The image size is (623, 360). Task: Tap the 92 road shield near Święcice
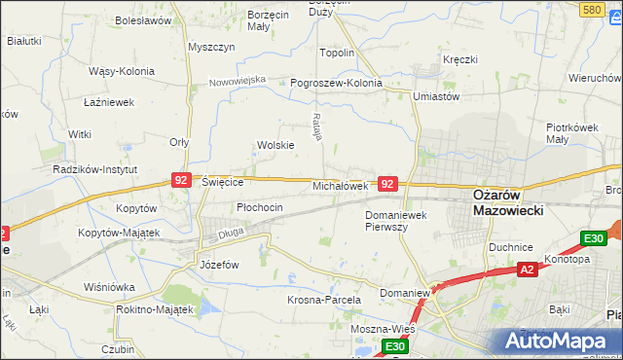pos(180,180)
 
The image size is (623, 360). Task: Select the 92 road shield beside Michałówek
pos(387,183)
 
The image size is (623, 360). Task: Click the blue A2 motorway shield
pos(527,270)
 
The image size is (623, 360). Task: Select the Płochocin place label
pos(259,207)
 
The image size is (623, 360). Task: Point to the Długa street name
pos(230,232)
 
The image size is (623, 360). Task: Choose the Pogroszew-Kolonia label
pos(336,83)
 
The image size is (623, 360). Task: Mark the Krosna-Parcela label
pos(324,300)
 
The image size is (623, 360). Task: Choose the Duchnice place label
pos(512,247)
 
